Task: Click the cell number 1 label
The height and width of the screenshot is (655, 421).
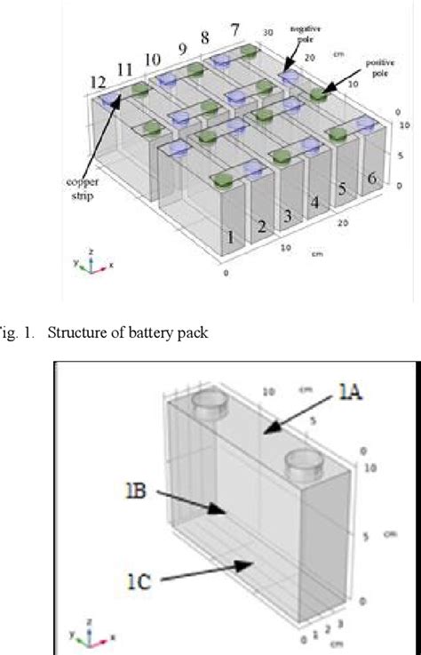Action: (230, 237)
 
